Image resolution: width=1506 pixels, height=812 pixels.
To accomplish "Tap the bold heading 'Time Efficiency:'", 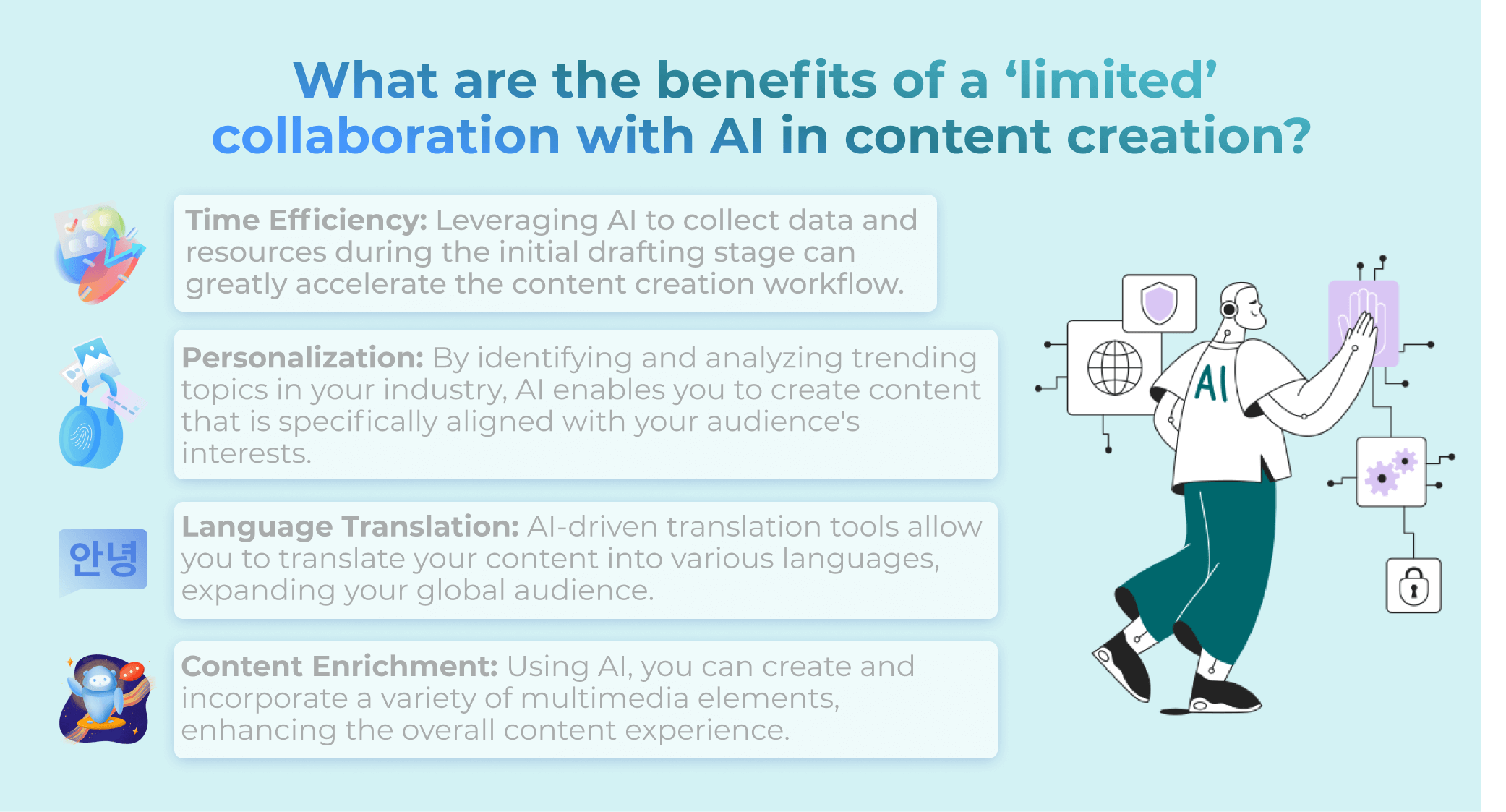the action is coord(307,221).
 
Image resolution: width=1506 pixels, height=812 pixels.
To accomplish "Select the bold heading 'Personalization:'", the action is coord(303,358).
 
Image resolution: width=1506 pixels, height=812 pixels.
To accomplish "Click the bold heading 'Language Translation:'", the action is coord(351,526).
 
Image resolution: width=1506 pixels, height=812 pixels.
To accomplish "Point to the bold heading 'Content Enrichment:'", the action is coord(340,666).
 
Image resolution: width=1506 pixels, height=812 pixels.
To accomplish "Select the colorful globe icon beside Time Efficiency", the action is coord(100,253).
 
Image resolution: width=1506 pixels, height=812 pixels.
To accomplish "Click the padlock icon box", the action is coord(1413,586).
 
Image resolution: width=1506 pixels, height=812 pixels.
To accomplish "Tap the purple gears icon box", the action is coord(1391,471).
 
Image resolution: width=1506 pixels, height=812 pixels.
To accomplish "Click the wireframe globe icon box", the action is coord(1114,368).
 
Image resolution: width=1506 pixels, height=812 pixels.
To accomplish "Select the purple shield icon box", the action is coord(1159,303).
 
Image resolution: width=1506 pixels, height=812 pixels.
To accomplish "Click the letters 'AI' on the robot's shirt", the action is coord(1212,383).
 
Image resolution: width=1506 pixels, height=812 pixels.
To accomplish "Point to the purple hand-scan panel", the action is coord(1364,323).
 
